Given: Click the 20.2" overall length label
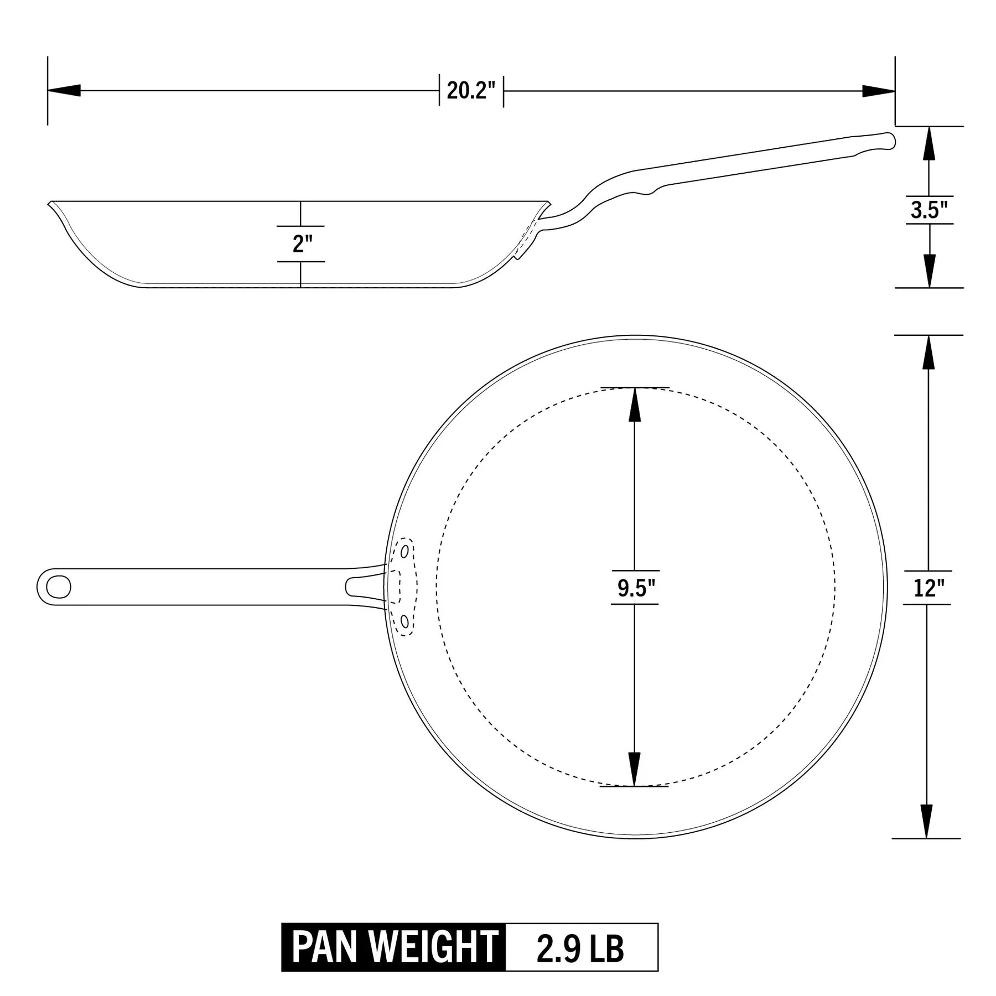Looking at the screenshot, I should tap(471, 90).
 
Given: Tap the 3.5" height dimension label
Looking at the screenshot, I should tap(929, 210).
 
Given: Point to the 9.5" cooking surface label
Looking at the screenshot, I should tap(635, 588).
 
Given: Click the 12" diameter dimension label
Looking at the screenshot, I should tap(928, 588).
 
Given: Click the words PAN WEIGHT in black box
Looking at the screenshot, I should tap(394, 947).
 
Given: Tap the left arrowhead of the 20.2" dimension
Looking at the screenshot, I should tap(64, 90).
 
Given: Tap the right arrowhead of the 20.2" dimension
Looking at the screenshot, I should tap(879, 91).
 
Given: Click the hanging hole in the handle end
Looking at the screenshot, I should tap(58, 587).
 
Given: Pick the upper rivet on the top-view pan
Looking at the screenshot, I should tap(405, 552).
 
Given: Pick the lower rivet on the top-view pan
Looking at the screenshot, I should tap(404, 622).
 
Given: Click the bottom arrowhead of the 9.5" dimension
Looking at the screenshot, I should tap(635, 770).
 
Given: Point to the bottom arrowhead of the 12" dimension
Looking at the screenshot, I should tap(928, 821).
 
